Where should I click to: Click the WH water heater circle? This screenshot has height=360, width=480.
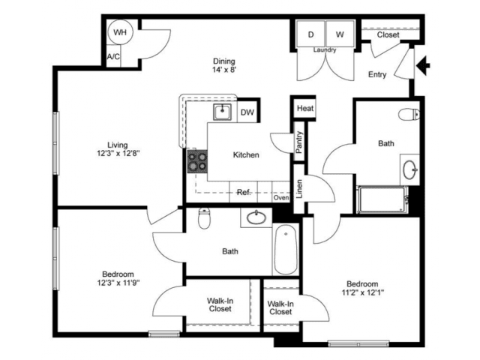tap(120, 32)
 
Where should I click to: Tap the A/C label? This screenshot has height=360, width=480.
tap(113, 57)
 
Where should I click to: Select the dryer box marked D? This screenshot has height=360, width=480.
tap(310, 34)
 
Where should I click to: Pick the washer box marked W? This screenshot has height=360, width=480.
tap(340, 34)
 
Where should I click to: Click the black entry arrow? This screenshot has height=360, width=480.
tap(423, 65)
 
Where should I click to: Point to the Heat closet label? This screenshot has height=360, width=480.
tap(305, 108)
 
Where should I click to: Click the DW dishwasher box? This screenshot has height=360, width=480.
tap(247, 112)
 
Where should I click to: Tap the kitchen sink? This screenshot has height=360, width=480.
tap(223, 112)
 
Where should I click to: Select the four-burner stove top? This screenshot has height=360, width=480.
tap(197, 162)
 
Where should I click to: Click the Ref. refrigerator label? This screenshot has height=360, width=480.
tap(244, 192)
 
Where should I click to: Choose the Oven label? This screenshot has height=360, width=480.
tap(281, 198)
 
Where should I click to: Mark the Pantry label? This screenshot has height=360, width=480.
tap(299, 142)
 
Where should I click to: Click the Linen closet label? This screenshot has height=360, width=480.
tap(299, 189)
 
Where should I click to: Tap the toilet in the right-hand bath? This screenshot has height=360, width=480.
tap(409, 114)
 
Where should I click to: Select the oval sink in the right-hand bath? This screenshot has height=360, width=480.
tap(410, 169)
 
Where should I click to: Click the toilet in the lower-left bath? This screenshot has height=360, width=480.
tap(204, 218)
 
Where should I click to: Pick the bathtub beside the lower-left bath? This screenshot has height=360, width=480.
tap(286, 249)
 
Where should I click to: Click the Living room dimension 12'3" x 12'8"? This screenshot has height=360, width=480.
tap(118, 153)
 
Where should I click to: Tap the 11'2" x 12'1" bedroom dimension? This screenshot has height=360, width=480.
tap(363, 292)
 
